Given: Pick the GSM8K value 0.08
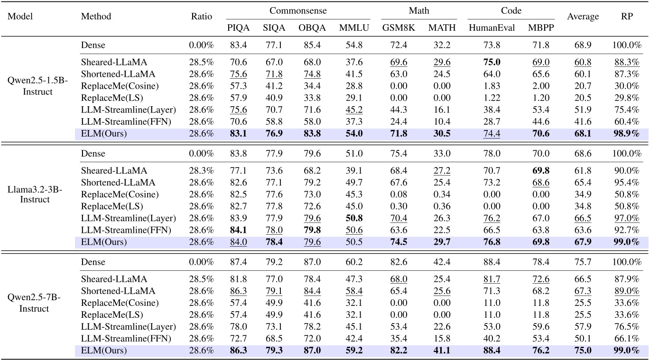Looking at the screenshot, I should [x=399, y=194].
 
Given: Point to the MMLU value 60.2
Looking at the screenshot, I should [x=351, y=262].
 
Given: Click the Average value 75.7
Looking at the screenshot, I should [x=584, y=262].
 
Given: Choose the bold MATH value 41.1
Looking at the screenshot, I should [x=442, y=351].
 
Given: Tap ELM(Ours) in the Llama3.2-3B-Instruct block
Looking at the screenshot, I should [x=104, y=242].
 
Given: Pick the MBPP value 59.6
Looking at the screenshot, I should [x=538, y=327].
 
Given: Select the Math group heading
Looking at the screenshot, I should [x=419, y=10].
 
